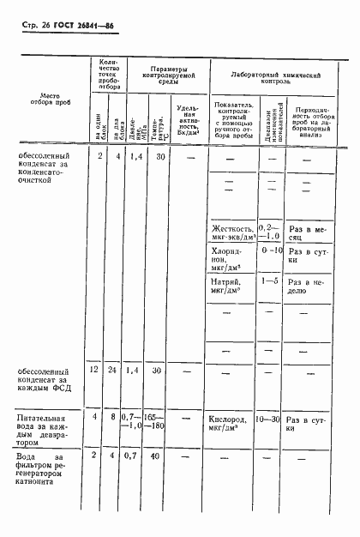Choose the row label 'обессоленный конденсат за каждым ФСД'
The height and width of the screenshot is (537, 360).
(x=47, y=378)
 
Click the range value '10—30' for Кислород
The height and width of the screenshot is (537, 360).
(x=267, y=420)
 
